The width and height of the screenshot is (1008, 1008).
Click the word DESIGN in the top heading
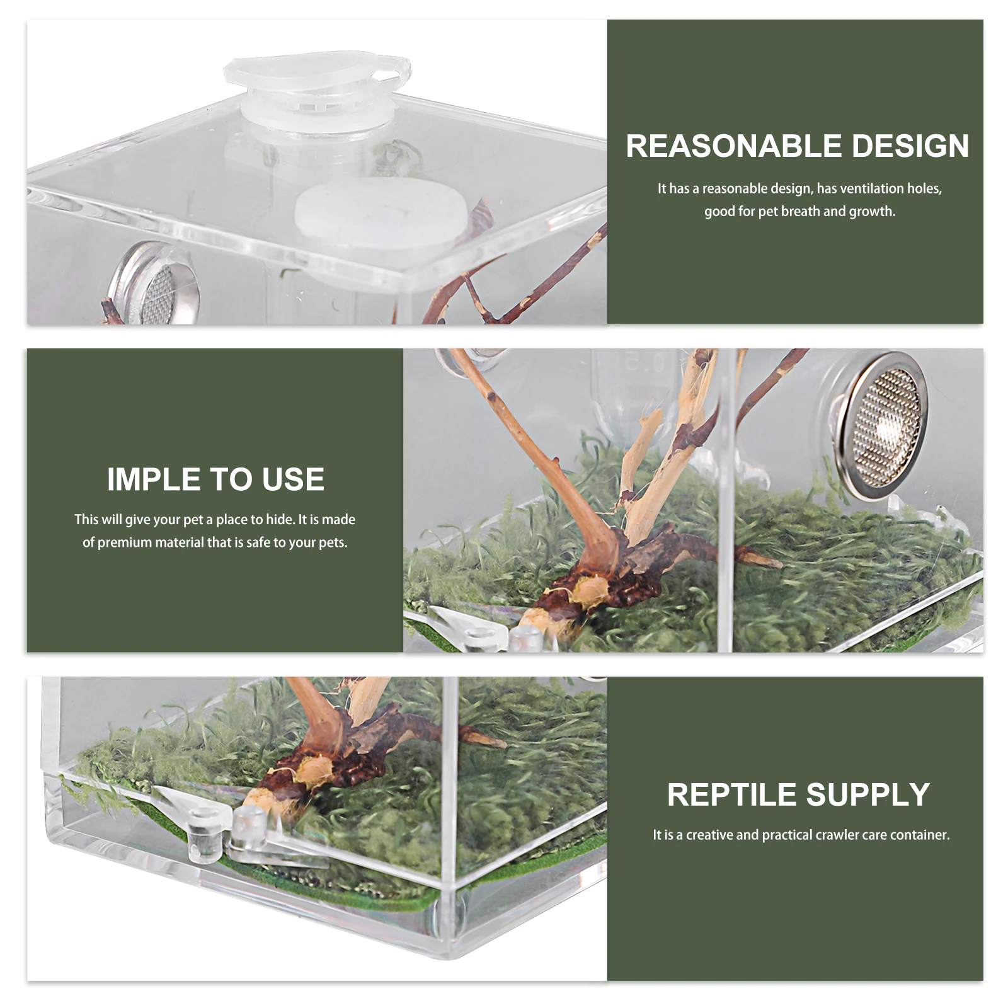click(x=910, y=146)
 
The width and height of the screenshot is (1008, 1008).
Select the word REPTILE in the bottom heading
click(x=731, y=794)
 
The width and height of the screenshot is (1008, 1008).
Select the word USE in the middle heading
click(x=293, y=479)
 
